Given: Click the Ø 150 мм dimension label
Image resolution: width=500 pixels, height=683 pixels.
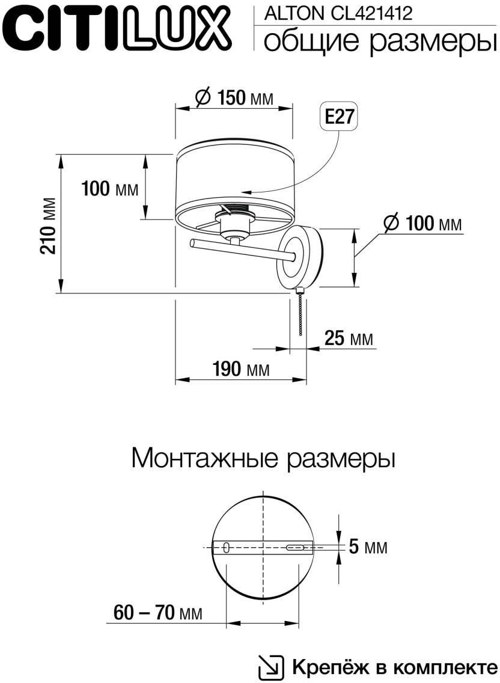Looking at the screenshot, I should [x=234, y=97].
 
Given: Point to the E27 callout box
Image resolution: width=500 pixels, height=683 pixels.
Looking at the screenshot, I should [x=338, y=117].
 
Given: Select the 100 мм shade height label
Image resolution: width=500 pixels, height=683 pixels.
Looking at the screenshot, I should [x=110, y=189].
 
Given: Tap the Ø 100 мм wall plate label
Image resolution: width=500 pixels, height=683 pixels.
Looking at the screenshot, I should [x=423, y=224].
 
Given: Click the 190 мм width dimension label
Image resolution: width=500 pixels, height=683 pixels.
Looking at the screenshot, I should [x=240, y=369].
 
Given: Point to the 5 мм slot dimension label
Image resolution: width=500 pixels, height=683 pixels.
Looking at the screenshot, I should [x=368, y=548].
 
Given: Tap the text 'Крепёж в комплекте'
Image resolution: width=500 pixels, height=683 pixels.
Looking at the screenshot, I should [x=395, y=667].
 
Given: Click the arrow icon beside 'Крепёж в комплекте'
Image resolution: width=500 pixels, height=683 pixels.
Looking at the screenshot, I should [x=271, y=667].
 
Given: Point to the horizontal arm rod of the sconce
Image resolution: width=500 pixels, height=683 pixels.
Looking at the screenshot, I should [x=240, y=250].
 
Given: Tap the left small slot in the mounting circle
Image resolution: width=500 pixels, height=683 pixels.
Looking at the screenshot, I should [x=226, y=547].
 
